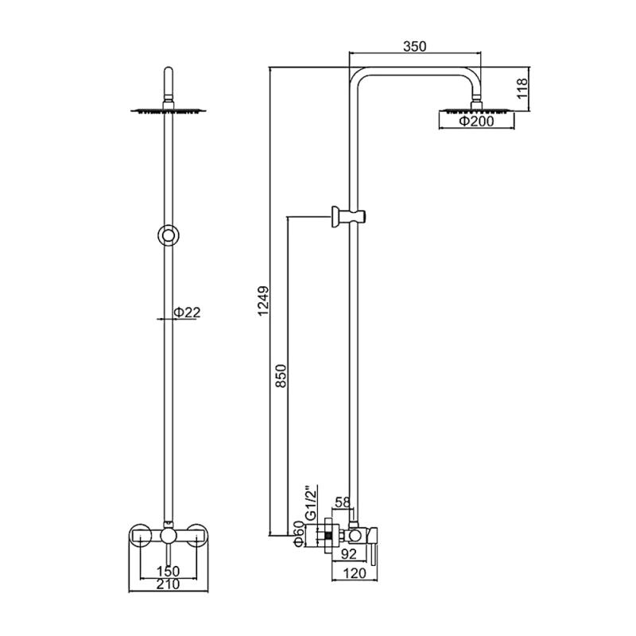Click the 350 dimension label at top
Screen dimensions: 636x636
[x=415, y=46]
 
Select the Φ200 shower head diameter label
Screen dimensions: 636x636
[x=477, y=122]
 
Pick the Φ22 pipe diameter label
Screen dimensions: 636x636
[x=188, y=312]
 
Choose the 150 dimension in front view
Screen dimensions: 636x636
[x=167, y=571]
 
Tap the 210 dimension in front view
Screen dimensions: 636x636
[x=167, y=585]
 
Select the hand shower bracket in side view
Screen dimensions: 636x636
[x=350, y=215]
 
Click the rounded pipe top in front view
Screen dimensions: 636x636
[x=168, y=76]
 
